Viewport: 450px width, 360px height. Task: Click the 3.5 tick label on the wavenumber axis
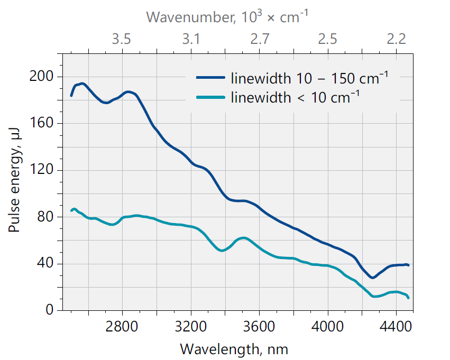122,39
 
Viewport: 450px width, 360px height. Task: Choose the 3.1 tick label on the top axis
190,39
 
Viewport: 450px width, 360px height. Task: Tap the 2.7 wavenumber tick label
259,39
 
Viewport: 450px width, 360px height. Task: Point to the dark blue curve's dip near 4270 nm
372,277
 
